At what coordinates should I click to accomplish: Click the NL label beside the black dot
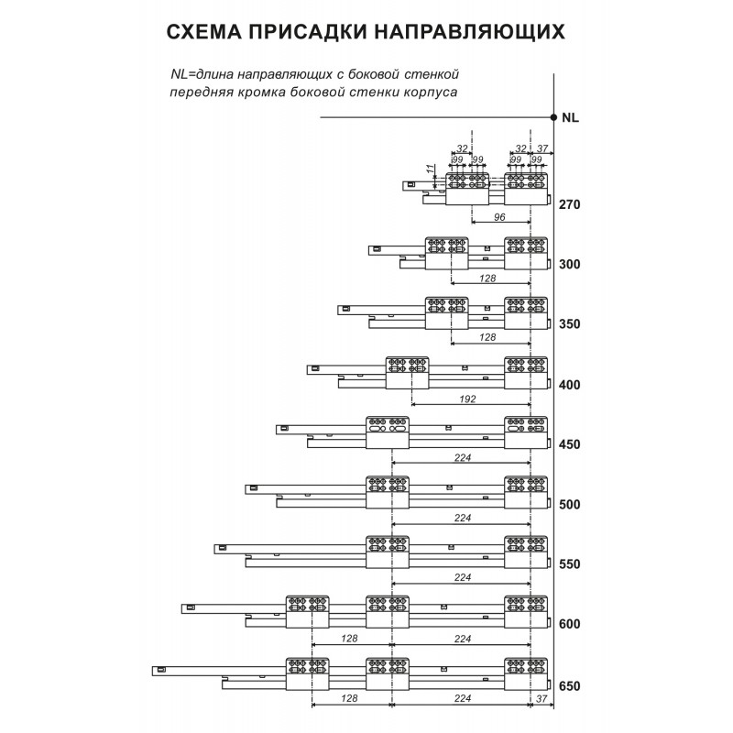coord(570,118)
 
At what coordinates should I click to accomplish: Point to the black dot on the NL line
coord(553,117)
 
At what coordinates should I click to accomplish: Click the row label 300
coord(570,265)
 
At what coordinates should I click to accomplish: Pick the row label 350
coord(570,324)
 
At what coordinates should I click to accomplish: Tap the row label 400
coord(570,385)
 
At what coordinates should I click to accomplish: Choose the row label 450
coord(570,445)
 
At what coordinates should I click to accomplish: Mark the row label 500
coord(570,505)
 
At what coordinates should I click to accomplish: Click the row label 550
coord(570,565)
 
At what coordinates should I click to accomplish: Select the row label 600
coord(570,625)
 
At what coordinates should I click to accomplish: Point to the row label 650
coord(570,685)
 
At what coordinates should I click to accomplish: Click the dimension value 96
coord(500,219)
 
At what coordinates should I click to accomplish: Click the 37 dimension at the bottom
coord(542,698)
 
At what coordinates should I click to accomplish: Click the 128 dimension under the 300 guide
coord(487,278)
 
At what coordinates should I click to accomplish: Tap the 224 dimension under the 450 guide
coord(462,458)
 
